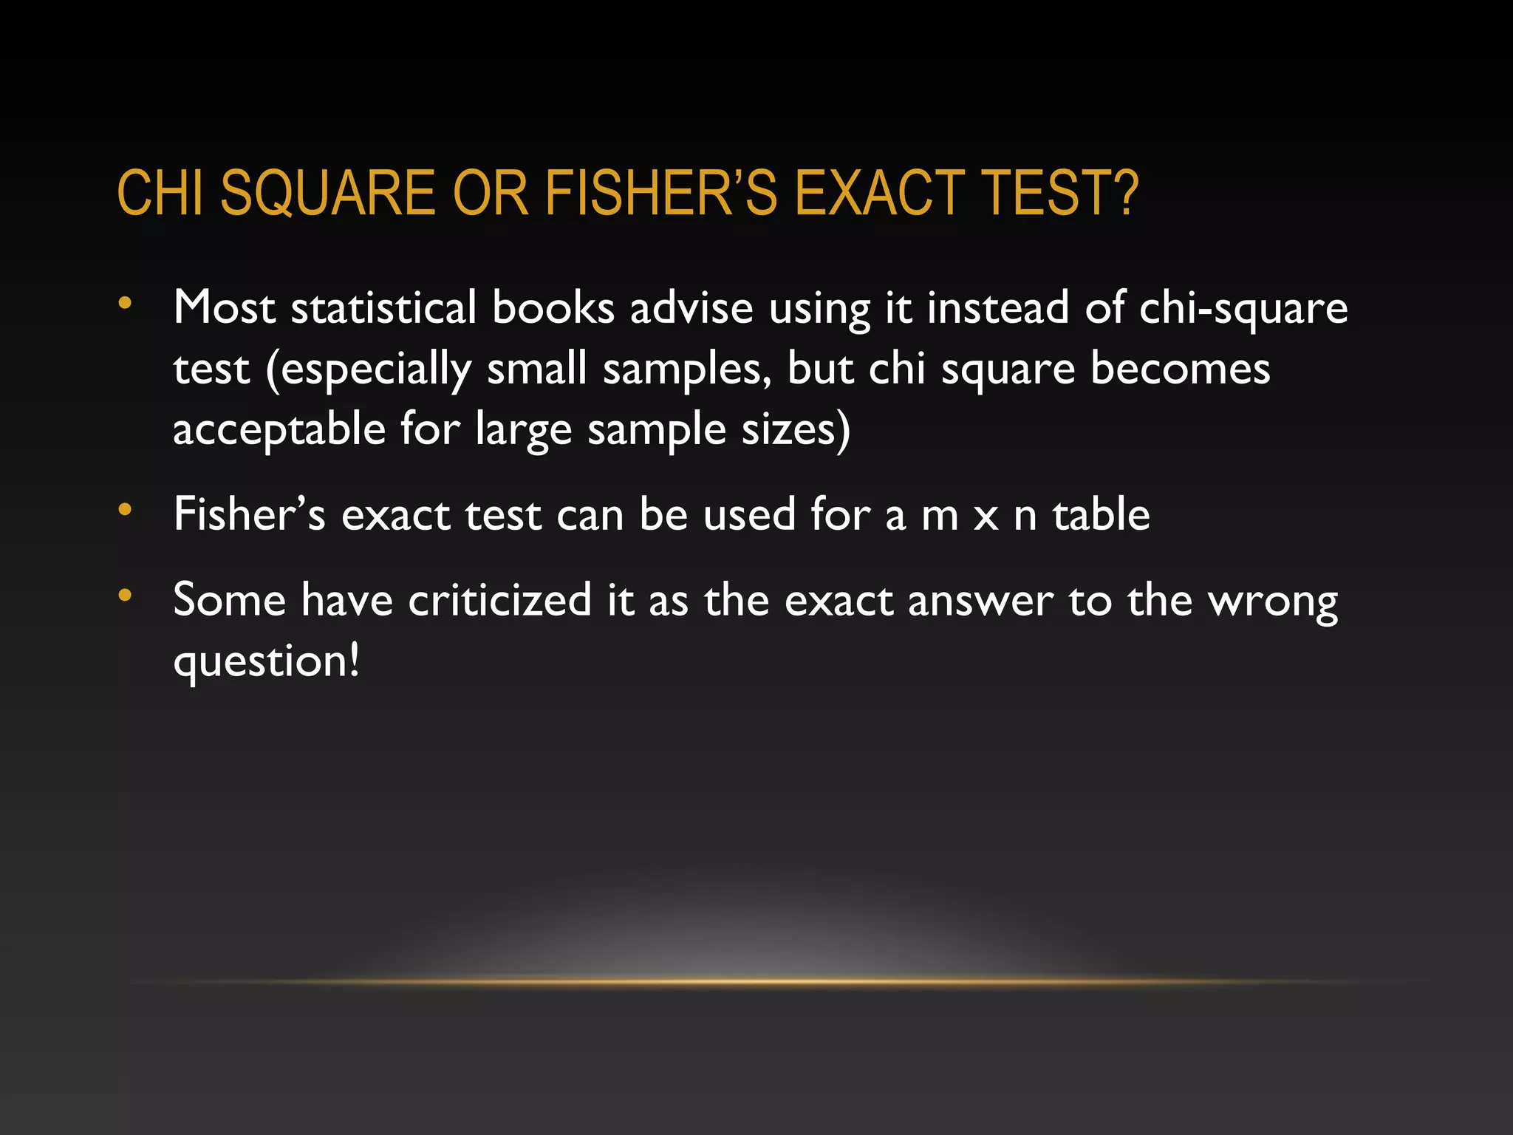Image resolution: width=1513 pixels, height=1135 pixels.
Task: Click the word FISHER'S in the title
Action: [x=661, y=193]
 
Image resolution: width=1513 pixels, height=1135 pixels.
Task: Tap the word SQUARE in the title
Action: [x=328, y=193]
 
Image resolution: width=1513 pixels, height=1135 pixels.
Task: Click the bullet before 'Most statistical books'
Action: [x=125, y=303]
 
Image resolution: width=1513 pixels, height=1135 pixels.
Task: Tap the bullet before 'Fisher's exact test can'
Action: [x=125, y=509]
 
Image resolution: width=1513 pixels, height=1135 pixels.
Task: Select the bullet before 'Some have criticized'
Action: [x=125, y=595]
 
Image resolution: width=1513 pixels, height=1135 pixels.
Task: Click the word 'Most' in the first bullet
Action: [x=224, y=307]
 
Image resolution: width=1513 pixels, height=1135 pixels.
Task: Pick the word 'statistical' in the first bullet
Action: [x=383, y=307]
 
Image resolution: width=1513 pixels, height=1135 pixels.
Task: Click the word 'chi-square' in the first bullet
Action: [x=1243, y=309]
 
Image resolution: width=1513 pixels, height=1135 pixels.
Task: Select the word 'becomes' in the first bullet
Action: [x=1180, y=369]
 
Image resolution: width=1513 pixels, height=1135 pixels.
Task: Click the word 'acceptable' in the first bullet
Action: [x=279, y=430]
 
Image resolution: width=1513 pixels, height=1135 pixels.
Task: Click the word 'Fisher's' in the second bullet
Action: [x=249, y=514]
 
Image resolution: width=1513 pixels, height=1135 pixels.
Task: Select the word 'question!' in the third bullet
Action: [x=266, y=661]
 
